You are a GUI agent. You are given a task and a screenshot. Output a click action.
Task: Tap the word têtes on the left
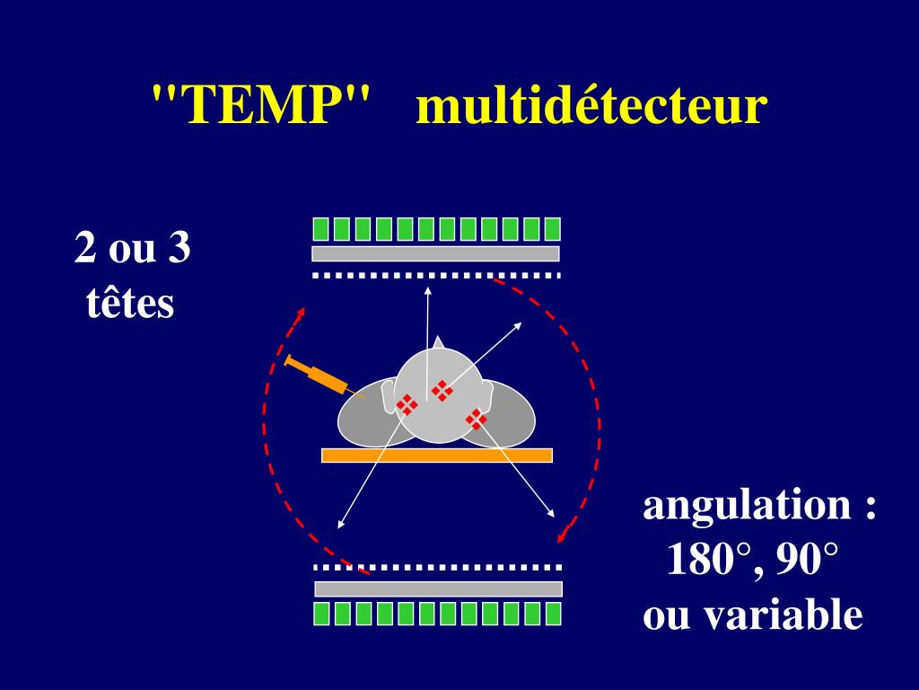130,304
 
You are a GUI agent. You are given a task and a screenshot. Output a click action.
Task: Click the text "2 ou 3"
132,248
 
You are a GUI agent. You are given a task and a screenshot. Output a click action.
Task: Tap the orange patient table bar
436,455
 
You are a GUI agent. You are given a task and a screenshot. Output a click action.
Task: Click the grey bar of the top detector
435,253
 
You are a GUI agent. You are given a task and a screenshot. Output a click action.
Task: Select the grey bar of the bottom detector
438,588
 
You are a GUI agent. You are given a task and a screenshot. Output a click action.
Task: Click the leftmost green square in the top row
319,229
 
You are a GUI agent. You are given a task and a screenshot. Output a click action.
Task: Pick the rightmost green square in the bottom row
553,614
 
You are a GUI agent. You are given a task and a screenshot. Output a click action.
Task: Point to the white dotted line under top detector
435,275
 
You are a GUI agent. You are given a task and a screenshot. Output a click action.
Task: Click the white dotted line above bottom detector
437,568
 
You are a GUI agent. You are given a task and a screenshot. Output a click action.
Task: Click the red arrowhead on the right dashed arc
563,536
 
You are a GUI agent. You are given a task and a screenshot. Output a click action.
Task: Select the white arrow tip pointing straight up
428,290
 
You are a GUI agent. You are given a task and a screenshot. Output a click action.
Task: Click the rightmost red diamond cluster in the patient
476,419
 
